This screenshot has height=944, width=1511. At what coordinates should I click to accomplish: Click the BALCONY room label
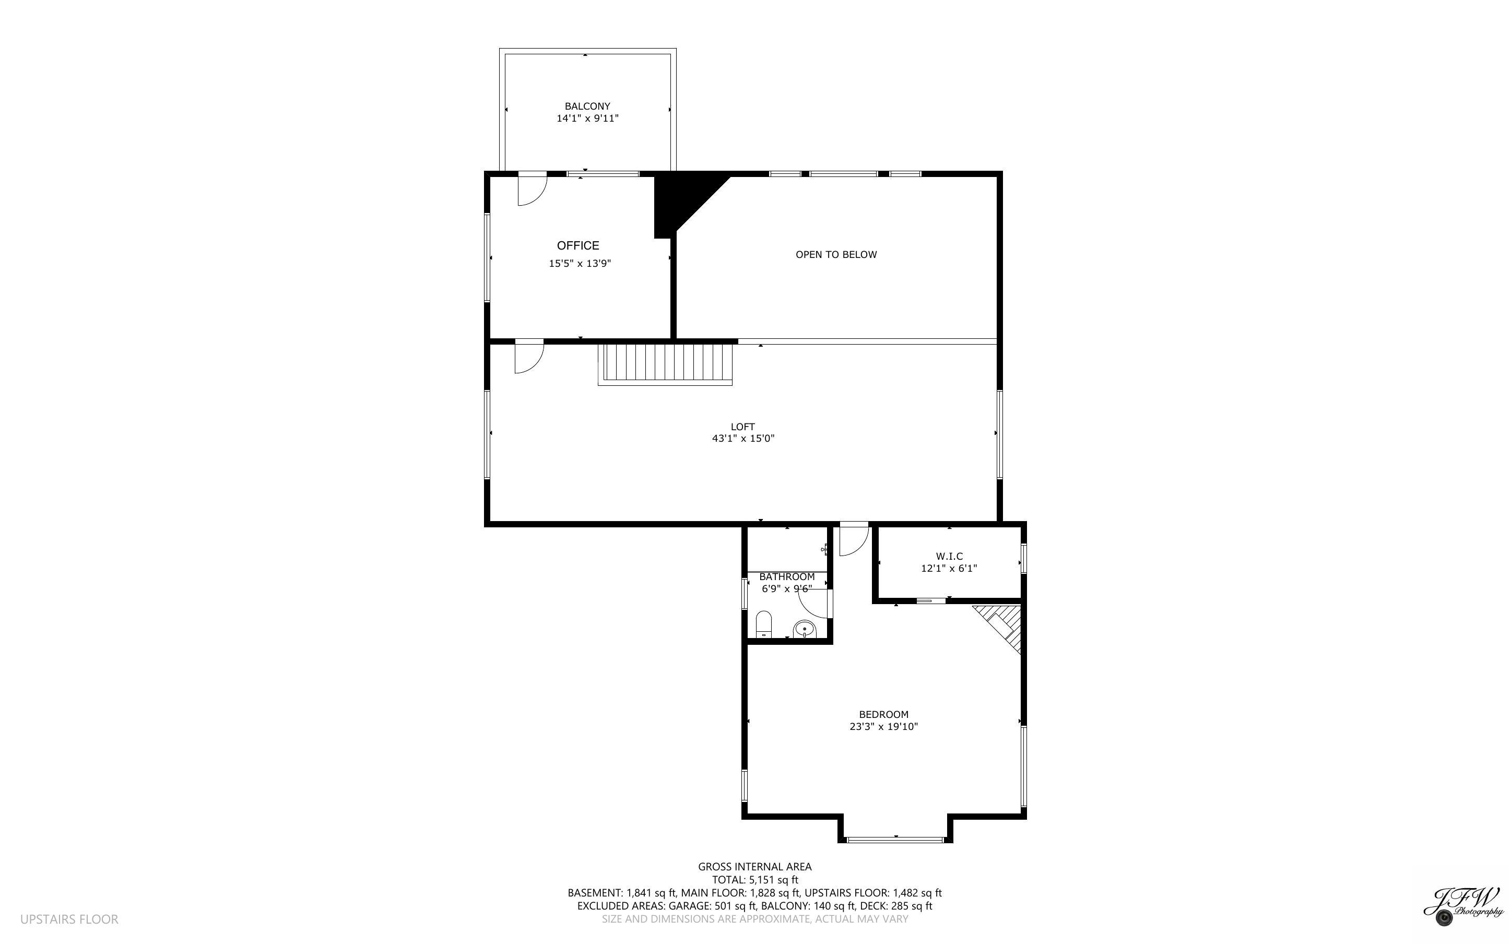coord(587,106)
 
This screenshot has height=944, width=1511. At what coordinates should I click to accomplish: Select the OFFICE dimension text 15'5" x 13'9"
coord(579,264)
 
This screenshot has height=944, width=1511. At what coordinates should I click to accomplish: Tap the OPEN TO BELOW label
coord(836,254)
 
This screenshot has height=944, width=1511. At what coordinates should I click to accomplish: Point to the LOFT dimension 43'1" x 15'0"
coord(742,438)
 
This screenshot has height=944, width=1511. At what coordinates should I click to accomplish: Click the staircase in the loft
coord(665,363)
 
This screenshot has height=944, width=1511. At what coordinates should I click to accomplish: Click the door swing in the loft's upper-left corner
coord(528,358)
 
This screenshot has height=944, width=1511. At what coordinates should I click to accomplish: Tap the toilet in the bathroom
coord(763,624)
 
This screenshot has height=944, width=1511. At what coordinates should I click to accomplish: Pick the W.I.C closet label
coord(949,556)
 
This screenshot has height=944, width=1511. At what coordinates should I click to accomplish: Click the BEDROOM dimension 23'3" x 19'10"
coord(883,726)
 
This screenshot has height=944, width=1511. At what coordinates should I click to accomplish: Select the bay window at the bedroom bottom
coord(895,839)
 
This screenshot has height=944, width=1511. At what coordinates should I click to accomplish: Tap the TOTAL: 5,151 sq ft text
coord(754,880)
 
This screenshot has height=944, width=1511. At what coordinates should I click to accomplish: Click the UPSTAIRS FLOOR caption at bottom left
coord(68,919)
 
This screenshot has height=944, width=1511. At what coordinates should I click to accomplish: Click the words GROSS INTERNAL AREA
coord(754,867)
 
